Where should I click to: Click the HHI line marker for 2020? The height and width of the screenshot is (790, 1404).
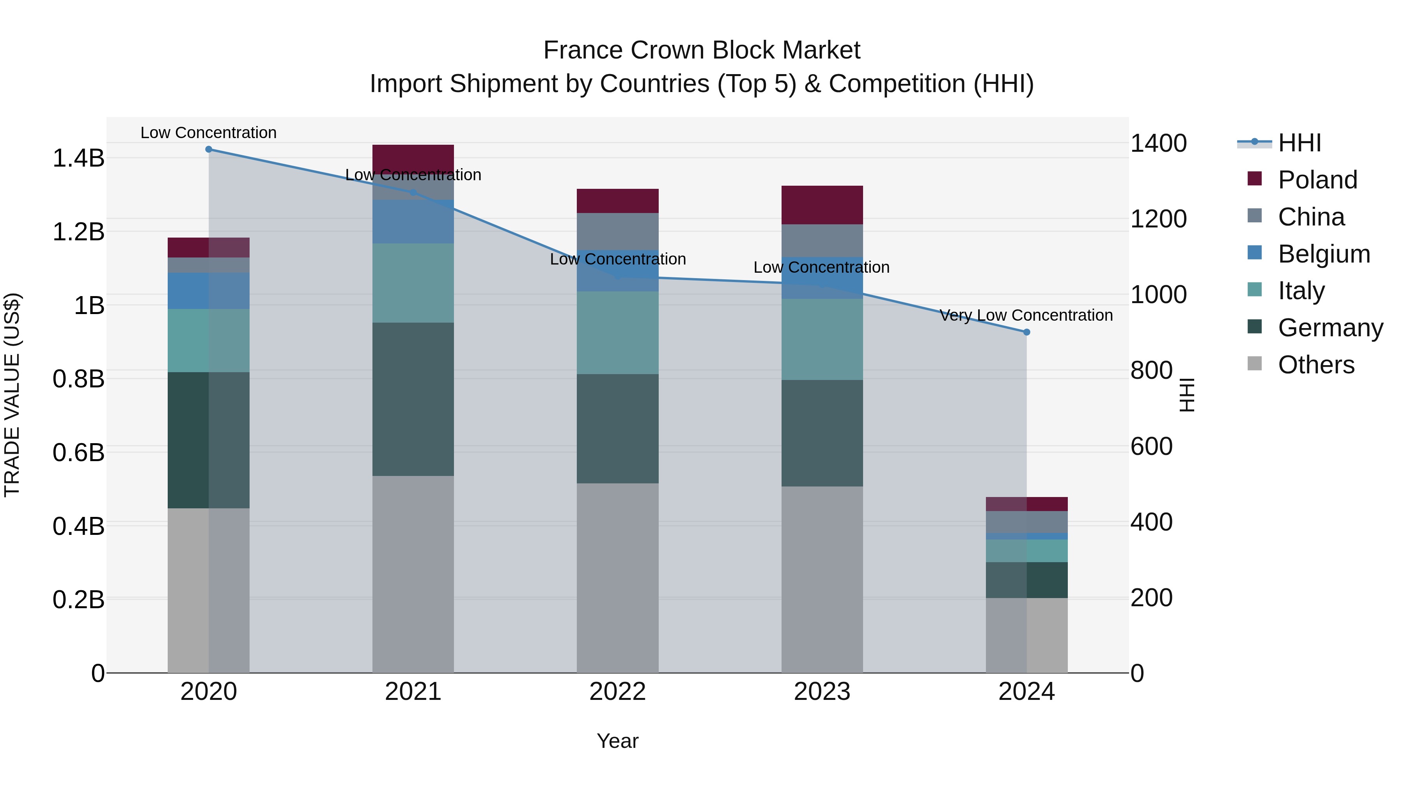tap(209, 149)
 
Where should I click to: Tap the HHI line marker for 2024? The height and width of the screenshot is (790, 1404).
tap(1026, 332)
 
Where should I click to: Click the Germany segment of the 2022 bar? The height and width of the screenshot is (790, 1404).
tap(617, 428)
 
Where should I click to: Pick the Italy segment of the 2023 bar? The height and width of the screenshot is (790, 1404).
tap(822, 339)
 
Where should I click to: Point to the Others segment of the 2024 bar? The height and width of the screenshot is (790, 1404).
tap(1026, 635)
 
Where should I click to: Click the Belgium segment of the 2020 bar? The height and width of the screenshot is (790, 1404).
tap(209, 291)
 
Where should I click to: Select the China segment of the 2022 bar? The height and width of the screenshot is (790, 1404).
tap(617, 231)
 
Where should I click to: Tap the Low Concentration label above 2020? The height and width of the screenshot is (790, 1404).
tap(209, 133)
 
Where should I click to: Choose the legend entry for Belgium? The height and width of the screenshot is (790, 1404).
tap(1324, 254)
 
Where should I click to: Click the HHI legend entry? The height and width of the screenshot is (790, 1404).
tap(1299, 143)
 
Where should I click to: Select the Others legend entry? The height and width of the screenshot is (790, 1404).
tap(1316, 365)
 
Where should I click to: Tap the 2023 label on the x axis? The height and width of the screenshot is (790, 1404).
tap(822, 692)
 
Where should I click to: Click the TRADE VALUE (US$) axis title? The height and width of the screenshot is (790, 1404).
tap(12, 395)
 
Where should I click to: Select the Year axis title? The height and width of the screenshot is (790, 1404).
tap(617, 741)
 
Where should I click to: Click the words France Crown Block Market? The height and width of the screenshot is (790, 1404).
tap(702, 50)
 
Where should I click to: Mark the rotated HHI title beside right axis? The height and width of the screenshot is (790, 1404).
tap(1186, 395)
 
